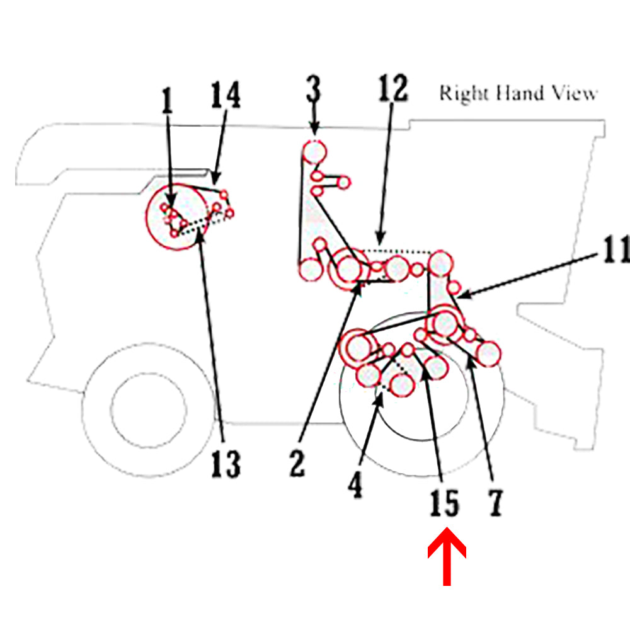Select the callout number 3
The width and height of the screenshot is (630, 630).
coord(314,89)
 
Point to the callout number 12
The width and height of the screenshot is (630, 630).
coord(394,89)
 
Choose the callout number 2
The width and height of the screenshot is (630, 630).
coord(297,464)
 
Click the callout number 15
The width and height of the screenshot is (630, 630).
coord(444,503)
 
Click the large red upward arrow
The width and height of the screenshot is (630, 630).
coord(447,558)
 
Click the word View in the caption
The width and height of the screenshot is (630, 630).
coord(572,93)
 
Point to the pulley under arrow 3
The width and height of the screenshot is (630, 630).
coord(314,152)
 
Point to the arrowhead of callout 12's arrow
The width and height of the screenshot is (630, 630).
coord(379,242)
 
